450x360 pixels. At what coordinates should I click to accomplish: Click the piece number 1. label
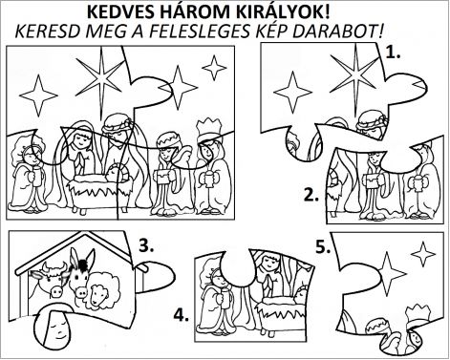pyautogui.click(x=392, y=53)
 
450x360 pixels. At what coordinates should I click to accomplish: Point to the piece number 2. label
pyautogui.click(x=311, y=195)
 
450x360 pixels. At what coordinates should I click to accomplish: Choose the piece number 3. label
pyautogui.click(x=146, y=245)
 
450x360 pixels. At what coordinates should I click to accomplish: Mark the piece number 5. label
pyautogui.click(x=323, y=247)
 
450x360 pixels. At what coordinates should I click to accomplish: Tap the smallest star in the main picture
pyautogui.click(x=214, y=68)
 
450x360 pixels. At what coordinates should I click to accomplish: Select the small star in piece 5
pyautogui.click(x=423, y=255)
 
